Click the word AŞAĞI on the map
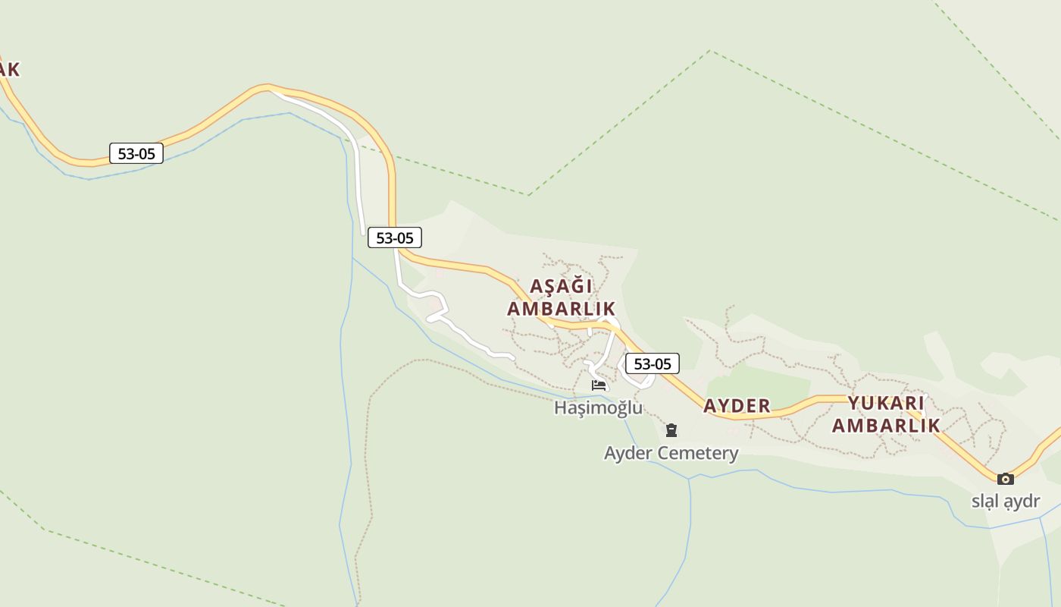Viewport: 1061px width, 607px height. tap(561, 287)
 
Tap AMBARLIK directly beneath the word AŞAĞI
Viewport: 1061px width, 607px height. tap(561, 309)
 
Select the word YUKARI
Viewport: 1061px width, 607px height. tap(885, 403)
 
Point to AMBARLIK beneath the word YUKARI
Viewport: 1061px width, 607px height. tap(885, 425)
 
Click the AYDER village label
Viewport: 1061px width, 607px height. tap(737, 406)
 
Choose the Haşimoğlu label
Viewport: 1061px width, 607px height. tap(598, 407)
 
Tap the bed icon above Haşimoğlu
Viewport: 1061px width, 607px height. tap(599, 385)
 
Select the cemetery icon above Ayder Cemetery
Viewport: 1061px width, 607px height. tap(671, 431)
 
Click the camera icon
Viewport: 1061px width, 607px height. tap(1006, 479)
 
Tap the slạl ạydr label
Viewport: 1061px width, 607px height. tap(1006, 501)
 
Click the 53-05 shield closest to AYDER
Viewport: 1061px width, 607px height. tap(652, 363)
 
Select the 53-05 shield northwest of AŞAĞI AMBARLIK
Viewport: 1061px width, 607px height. tap(394, 237)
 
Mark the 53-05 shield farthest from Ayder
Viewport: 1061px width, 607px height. tap(136, 153)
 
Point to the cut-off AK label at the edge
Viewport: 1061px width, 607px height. tap(8, 70)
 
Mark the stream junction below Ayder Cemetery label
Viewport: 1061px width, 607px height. tap(690, 479)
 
